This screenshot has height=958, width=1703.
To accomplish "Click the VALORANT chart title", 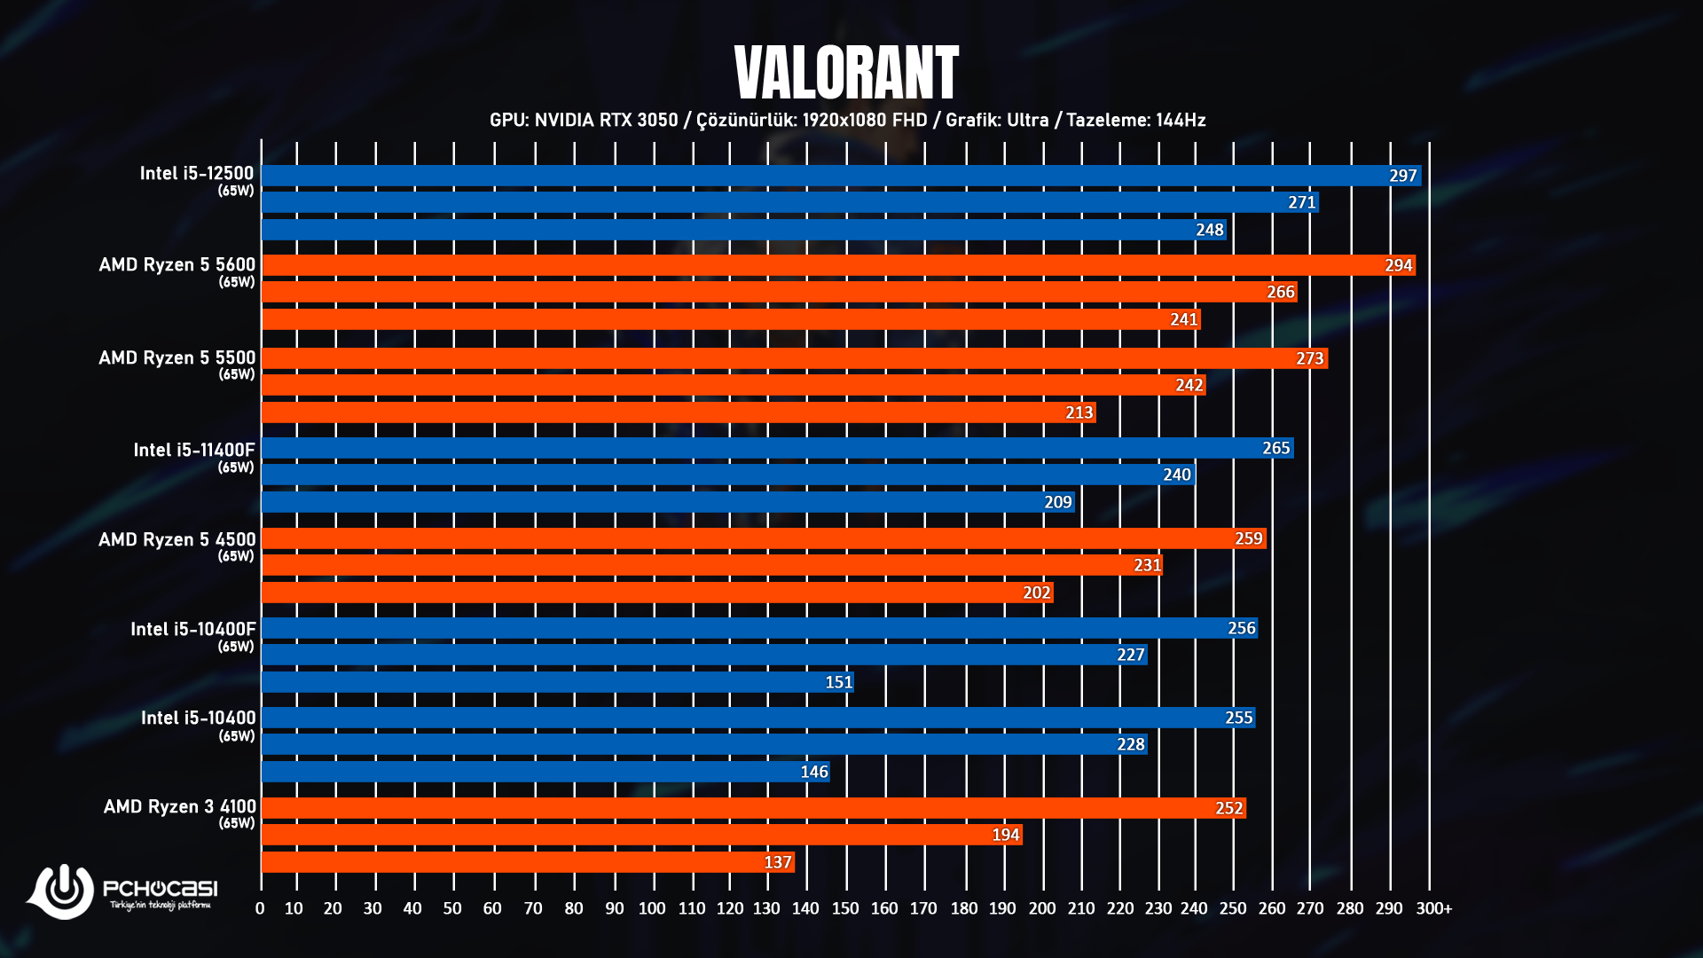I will click(x=846, y=73).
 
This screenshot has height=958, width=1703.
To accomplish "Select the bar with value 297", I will click(x=841, y=176).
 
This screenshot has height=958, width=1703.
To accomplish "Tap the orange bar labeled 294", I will click(x=838, y=265).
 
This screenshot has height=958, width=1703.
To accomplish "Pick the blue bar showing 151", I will click(x=557, y=682).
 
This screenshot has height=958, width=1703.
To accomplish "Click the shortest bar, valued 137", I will click(x=528, y=862).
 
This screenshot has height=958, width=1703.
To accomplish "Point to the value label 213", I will click(x=1079, y=412).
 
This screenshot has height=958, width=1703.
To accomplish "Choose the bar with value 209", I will click(x=668, y=502).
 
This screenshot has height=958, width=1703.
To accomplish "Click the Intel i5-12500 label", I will click(x=196, y=174).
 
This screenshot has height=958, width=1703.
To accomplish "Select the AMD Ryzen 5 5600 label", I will click(x=177, y=265).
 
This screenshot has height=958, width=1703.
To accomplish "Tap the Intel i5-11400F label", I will click(x=193, y=451).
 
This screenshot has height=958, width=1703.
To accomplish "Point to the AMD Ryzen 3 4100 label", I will click(x=179, y=807).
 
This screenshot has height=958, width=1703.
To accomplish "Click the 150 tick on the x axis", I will click(x=844, y=908).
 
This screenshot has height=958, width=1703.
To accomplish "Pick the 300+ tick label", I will click(x=1433, y=908).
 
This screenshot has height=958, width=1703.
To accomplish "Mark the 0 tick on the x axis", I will click(x=260, y=908).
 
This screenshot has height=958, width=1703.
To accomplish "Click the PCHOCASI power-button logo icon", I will click(x=62, y=890).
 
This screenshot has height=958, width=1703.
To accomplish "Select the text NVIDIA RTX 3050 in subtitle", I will click(x=606, y=120).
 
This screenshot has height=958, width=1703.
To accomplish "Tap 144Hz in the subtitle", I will click(x=1181, y=120).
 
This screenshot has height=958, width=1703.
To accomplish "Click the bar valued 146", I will click(x=545, y=772).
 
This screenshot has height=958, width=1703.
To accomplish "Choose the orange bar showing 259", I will click(x=764, y=538).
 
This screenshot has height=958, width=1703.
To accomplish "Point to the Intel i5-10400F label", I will click(x=192, y=630).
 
